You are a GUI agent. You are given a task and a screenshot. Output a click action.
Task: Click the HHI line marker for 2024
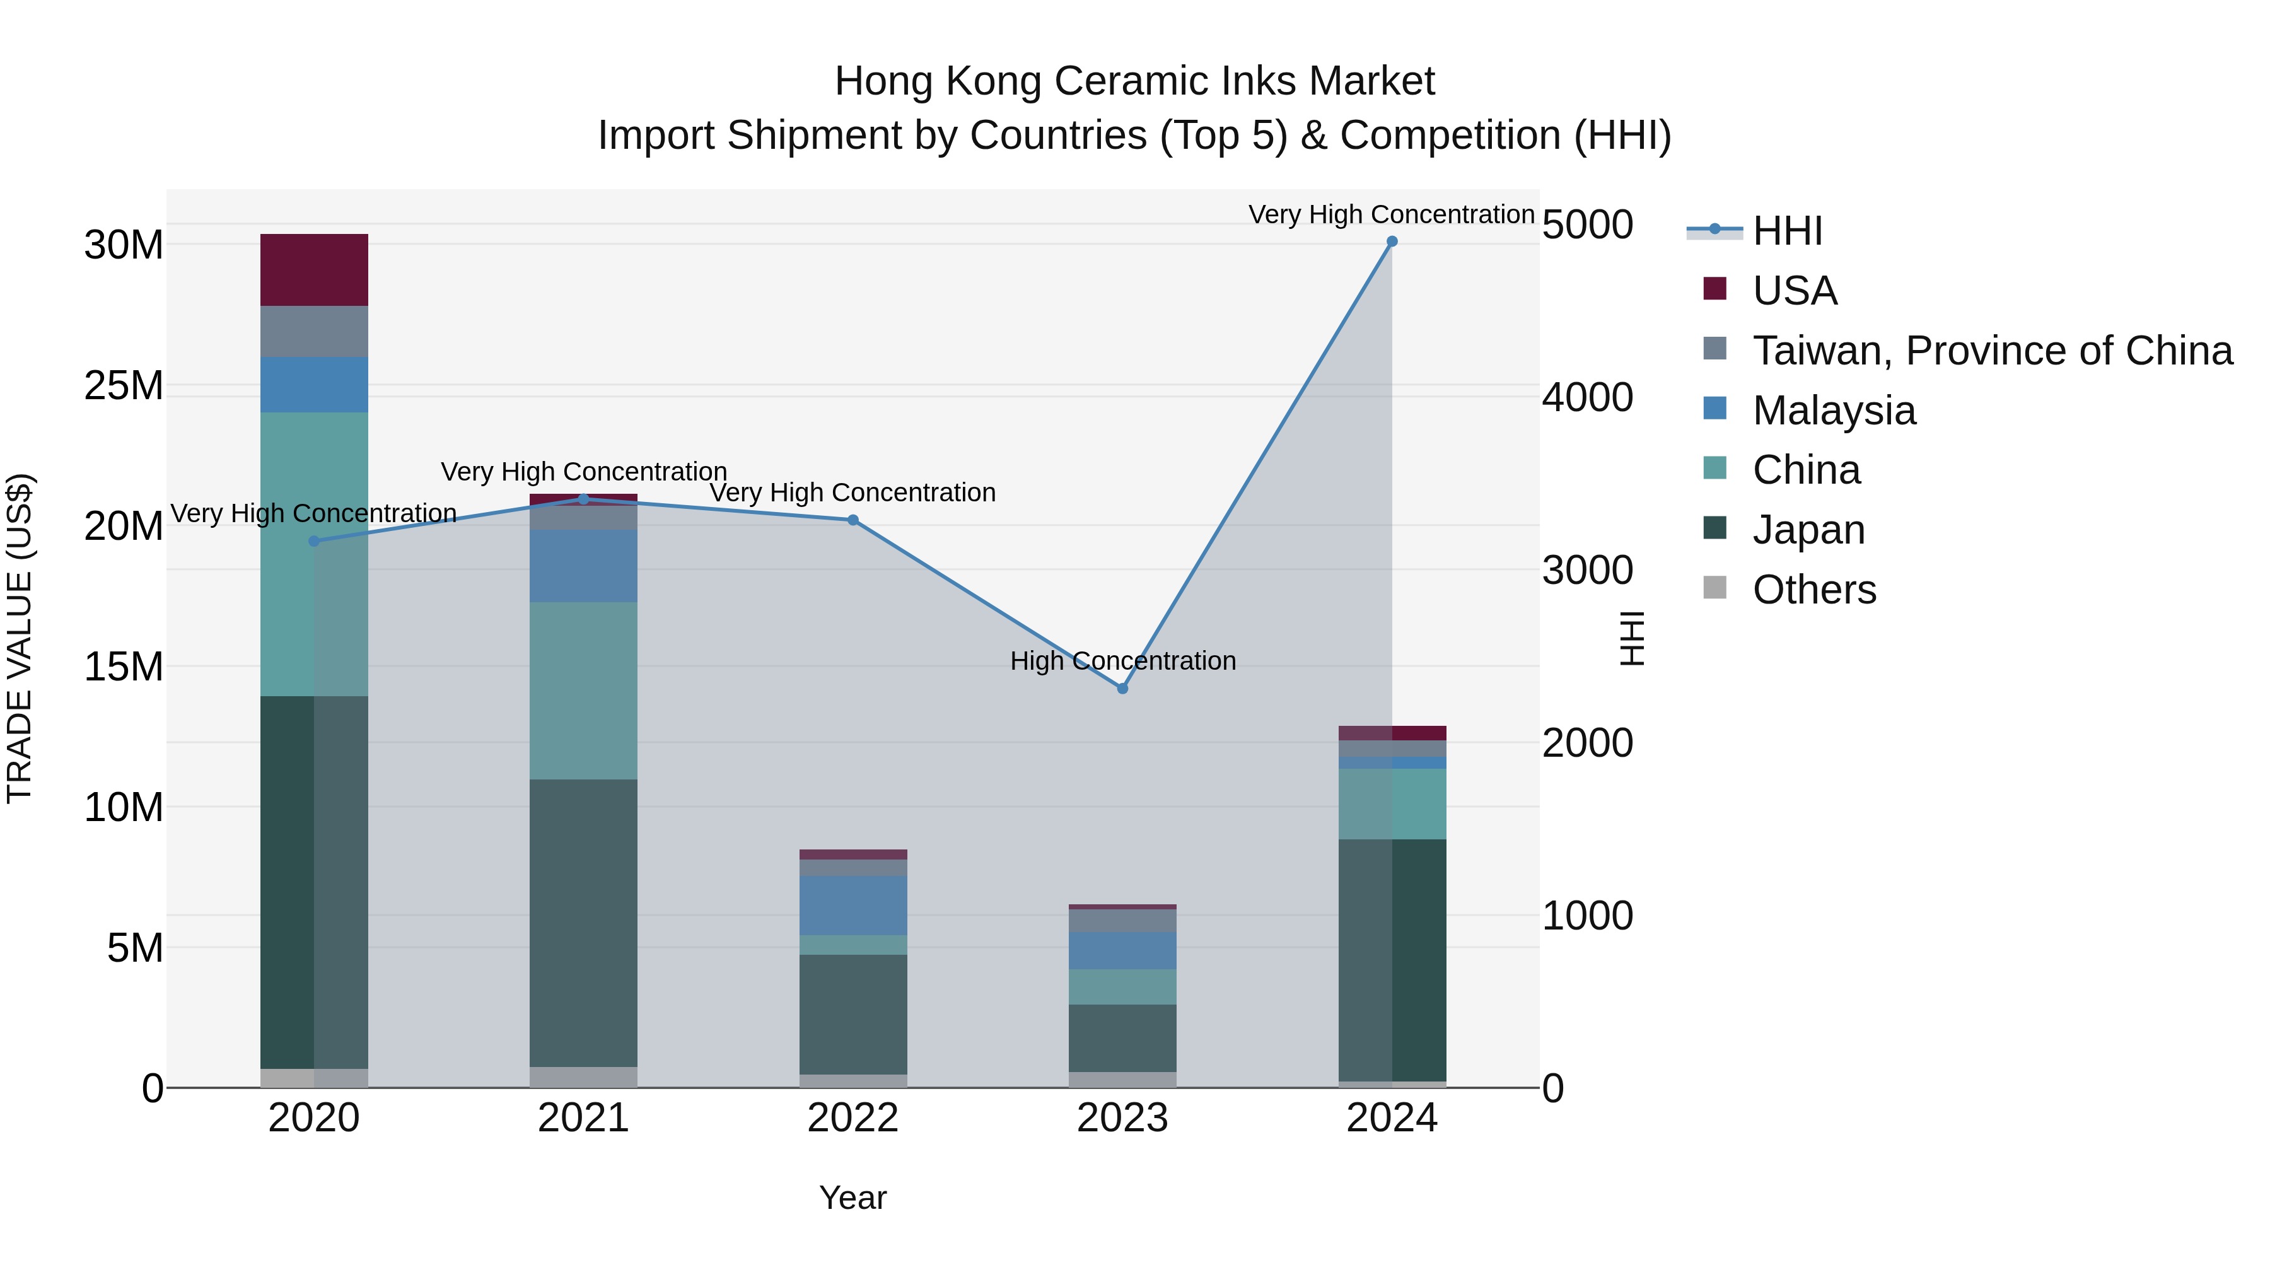[1392, 242]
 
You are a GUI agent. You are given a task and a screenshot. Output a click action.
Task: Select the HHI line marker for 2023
[1122, 688]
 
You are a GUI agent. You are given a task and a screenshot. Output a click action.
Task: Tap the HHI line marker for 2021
[583, 499]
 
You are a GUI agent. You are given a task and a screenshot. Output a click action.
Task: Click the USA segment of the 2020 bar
[314, 270]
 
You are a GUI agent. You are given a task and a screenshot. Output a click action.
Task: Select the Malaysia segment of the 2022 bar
[853, 905]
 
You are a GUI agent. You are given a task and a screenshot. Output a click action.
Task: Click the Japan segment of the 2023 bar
[1122, 1038]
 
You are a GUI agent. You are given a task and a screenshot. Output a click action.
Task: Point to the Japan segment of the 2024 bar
[1392, 960]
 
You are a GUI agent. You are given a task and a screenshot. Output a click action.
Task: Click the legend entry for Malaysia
[1833, 411]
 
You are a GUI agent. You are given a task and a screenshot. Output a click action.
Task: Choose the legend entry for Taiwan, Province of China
[1991, 351]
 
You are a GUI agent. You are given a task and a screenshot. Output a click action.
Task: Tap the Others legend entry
[1813, 590]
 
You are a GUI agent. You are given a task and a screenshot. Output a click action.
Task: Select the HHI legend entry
[1786, 231]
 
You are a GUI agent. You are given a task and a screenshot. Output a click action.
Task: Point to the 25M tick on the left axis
[124, 386]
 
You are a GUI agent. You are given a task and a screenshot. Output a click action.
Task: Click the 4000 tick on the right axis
[1587, 397]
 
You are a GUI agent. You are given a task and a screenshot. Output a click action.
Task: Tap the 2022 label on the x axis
[853, 1118]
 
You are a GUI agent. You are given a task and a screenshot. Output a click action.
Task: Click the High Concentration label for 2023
[1122, 661]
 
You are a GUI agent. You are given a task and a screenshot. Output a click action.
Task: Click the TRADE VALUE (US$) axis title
[20, 638]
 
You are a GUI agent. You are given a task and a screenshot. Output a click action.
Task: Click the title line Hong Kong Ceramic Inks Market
[1134, 81]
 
